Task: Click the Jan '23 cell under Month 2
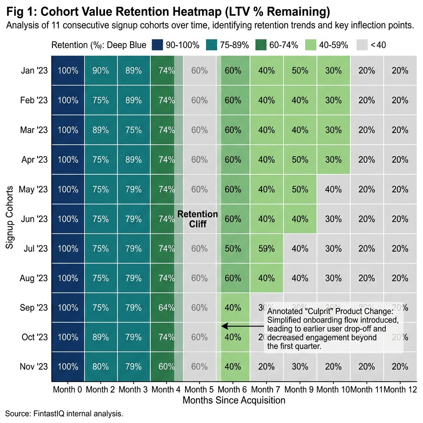(100, 71)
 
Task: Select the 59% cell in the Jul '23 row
(266, 249)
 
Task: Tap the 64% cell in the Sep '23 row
(166, 308)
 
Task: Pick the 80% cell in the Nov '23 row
(100, 367)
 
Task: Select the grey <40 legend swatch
(363, 45)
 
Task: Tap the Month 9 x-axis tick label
(300, 390)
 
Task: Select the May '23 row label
(34, 190)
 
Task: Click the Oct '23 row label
(35, 337)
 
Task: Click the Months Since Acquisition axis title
(234, 400)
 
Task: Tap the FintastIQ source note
(64, 413)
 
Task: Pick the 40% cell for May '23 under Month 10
(333, 190)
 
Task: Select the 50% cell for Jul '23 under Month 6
(233, 249)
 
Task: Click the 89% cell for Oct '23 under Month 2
(100, 337)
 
